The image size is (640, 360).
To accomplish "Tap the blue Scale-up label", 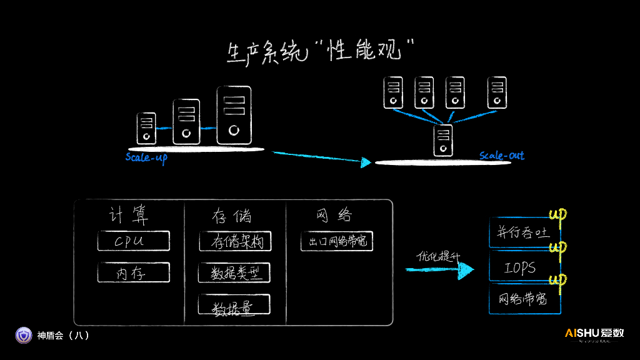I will click(146, 157).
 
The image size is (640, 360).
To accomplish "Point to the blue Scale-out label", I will click(501, 156).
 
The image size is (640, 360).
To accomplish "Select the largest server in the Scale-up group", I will click(234, 116).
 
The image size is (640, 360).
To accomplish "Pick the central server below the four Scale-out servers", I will click(443, 140).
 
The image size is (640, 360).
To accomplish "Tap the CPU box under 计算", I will click(133, 241).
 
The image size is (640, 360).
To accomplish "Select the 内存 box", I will click(133, 272).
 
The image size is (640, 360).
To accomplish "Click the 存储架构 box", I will click(235, 241).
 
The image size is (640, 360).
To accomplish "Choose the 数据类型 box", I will click(234, 272).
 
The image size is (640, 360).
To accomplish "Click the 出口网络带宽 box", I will click(336, 241).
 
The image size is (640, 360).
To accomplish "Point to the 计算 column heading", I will click(129, 216).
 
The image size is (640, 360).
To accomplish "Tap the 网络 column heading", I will click(335, 216).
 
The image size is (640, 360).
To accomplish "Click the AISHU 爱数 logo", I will click(594, 334).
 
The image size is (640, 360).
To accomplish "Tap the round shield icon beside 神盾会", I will click(24, 336).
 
